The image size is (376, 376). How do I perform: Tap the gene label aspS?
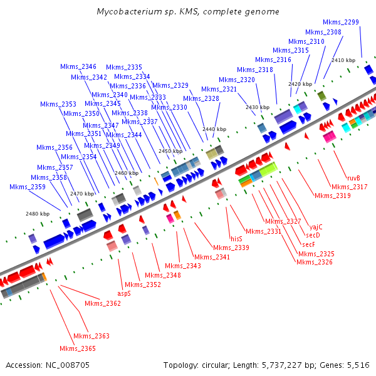point(124,293)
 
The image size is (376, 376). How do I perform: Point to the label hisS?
point(236,239)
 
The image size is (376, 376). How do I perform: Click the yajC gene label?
point(316,227)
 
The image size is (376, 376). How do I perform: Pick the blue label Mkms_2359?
point(28,187)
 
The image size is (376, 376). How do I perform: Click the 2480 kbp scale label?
point(37,214)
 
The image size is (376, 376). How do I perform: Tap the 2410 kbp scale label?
point(343,60)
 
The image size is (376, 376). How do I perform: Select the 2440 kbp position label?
point(214,129)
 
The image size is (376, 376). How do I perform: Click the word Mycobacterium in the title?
point(127,12)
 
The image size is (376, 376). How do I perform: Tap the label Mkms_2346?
point(78,67)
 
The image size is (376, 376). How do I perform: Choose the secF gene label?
point(308,244)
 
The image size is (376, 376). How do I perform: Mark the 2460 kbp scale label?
point(126,173)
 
